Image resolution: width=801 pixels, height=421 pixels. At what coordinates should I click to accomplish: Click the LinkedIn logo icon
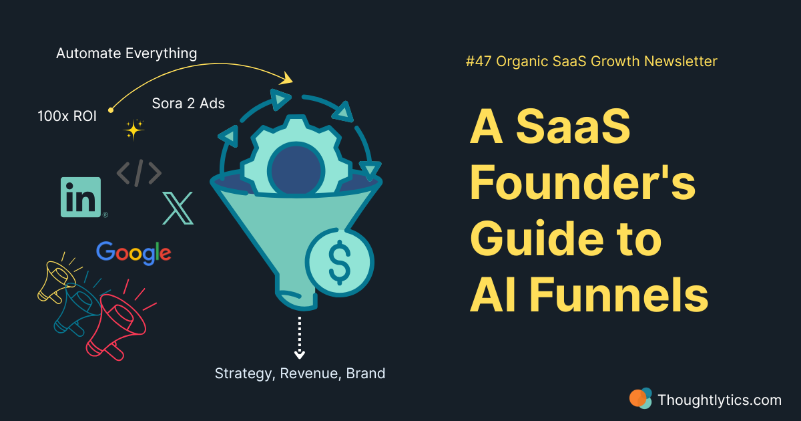pos(81,197)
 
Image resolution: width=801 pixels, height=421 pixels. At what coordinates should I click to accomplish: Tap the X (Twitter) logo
pos(178,208)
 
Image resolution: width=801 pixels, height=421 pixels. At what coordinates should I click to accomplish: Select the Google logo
pos(133,253)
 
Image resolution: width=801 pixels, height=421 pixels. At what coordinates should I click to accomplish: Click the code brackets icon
pos(139,173)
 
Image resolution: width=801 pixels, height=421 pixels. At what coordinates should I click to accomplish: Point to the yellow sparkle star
pos(133,130)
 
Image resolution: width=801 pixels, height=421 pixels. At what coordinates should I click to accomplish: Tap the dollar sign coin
pos(339,263)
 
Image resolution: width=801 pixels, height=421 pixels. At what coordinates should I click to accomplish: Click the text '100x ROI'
pos(67,116)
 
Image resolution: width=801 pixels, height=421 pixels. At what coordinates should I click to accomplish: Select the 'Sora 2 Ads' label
pos(188,104)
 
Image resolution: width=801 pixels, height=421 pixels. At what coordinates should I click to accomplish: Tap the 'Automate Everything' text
pos(127,53)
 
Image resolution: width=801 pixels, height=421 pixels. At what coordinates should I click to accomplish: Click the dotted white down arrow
pos(300,337)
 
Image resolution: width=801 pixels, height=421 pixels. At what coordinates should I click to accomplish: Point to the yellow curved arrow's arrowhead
pos(287,78)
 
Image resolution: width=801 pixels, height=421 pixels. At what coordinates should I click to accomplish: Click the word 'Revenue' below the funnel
pos(308,374)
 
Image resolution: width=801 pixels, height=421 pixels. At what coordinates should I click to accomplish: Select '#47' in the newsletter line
pos(479,61)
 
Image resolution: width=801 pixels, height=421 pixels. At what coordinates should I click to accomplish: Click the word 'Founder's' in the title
pos(583,182)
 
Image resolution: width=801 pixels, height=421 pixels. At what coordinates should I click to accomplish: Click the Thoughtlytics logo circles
pos(640,398)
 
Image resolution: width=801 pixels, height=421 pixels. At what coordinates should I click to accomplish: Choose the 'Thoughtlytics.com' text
pos(720,400)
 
